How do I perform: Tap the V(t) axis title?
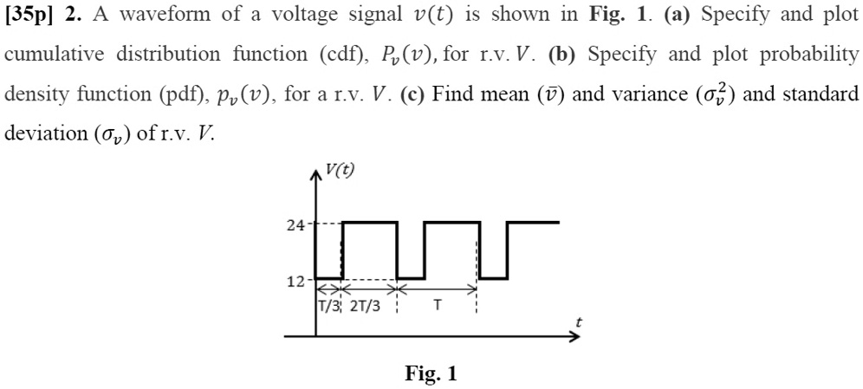tap(340, 170)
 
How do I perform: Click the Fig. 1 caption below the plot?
tap(431, 373)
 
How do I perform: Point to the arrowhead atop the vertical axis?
tap(315, 173)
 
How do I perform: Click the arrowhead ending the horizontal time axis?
tap(573, 335)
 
